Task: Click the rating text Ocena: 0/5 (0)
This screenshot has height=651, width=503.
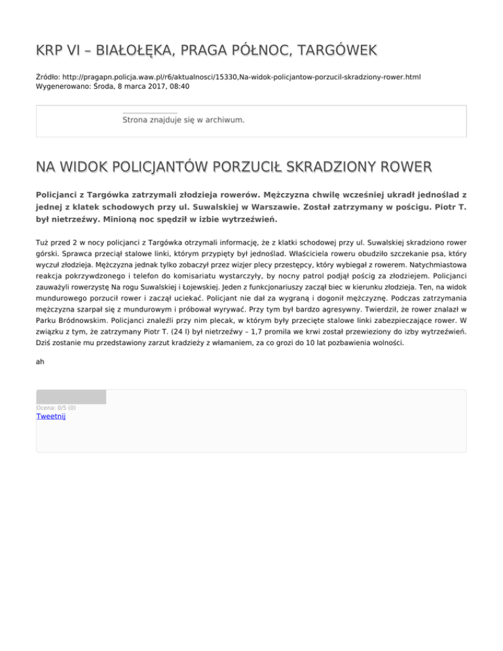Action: [x=56, y=407]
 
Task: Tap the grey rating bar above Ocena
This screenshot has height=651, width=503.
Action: [x=71, y=397]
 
